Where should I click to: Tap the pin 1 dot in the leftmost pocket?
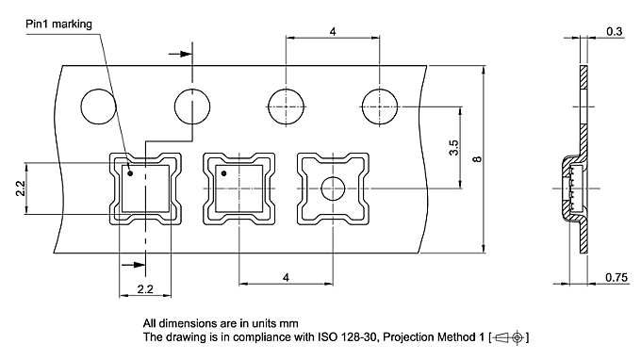tap(131, 173)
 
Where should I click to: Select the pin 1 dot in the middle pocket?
tap(224, 173)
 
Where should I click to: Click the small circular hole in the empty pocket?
tap(332, 188)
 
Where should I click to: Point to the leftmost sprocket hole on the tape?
tap(98, 105)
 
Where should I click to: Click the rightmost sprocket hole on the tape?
tap(379, 105)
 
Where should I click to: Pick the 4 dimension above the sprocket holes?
tap(334, 32)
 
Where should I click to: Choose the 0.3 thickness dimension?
tap(615, 32)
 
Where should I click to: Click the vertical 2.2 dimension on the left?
tap(20, 188)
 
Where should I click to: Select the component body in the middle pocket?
tap(238, 188)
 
